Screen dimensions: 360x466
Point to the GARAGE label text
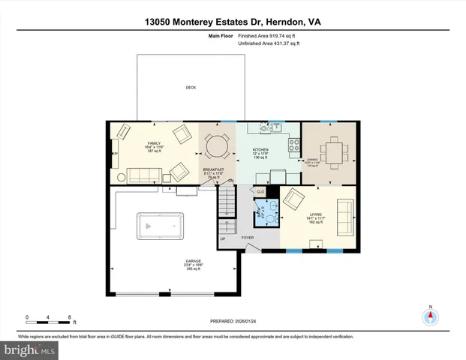coord(193,261)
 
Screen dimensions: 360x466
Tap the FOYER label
coord(248,238)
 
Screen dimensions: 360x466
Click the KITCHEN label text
coord(260,150)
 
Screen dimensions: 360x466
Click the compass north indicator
coord(430,316)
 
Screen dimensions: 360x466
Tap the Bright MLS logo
coord(29,349)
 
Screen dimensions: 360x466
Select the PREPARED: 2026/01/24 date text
coord(232,321)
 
